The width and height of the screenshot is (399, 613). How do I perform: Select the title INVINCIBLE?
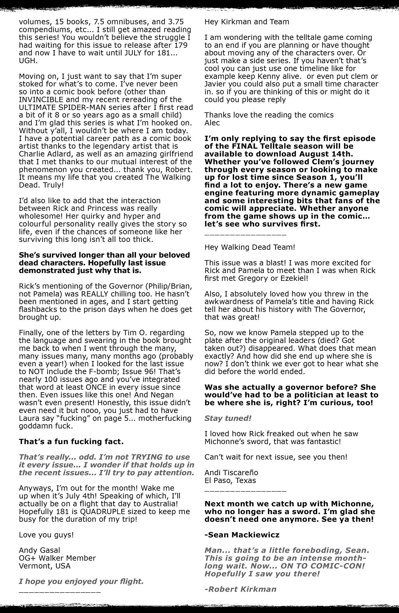point(44,99)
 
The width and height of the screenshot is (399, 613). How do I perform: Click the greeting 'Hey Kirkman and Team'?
point(247,22)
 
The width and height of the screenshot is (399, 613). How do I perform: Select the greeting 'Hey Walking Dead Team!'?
point(250,247)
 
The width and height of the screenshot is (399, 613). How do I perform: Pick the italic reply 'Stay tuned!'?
point(228,418)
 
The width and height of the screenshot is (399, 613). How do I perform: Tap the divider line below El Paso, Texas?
point(245,491)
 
